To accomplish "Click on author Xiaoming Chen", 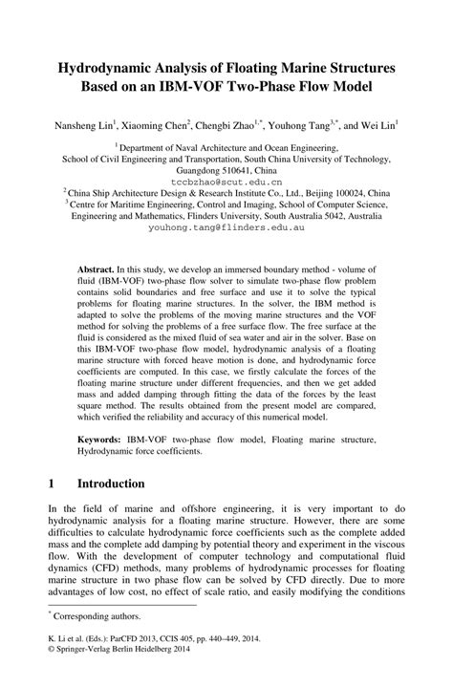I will [156, 125].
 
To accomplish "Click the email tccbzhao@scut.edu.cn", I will [226, 180].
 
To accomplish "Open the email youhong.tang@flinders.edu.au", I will [226, 229].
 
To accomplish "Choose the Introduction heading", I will [111, 483].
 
